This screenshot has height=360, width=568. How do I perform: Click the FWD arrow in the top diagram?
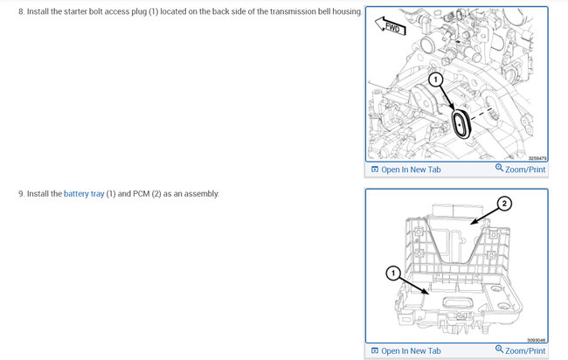[x=390, y=26]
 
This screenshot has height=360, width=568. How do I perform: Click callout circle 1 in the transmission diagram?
[x=435, y=80]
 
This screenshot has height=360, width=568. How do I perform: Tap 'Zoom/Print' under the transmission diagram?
[x=520, y=169]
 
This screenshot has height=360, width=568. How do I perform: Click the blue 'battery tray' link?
[x=84, y=194]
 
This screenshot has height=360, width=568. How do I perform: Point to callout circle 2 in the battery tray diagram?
[x=504, y=204]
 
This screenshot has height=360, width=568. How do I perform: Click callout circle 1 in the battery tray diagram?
[x=393, y=273]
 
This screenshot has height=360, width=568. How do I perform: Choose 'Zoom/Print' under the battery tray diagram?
[x=520, y=350]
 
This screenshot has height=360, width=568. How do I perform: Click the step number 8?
[x=21, y=11]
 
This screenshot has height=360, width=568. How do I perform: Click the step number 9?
[x=21, y=194]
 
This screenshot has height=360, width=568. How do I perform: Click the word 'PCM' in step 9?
[x=142, y=194]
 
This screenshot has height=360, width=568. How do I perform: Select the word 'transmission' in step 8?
[x=293, y=11]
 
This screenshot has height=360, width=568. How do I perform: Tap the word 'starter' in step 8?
[x=76, y=11]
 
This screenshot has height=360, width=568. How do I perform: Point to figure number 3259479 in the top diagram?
[x=537, y=158]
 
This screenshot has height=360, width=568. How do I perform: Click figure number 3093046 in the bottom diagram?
[x=537, y=340]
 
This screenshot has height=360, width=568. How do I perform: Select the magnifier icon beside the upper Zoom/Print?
[x=499, y=167]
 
